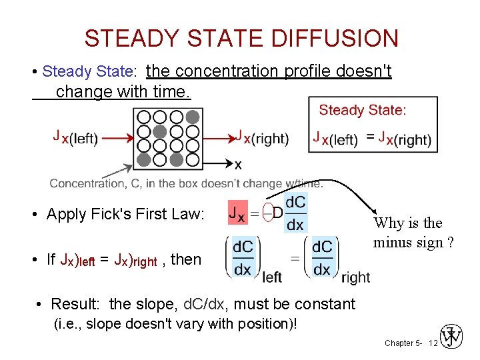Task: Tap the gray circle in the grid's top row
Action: pyautogui.click(x=192, y=117)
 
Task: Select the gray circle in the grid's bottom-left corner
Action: pyautogui.click(x=143, y=160)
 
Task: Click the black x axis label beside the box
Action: pyautogui.click(x=238, y=163)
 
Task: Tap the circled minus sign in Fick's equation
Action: pyautogui.click(x=266, y=213)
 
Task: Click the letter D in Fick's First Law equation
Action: pyautogui.click(x=278, y=213)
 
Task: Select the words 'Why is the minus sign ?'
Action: pyautogui.click(x=413, y=232)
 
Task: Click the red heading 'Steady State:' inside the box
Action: pyautogui.click(x=362, y=111)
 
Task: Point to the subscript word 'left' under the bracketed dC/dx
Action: pyautogui.click(x=272, y=277)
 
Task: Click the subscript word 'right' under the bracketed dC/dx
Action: pyautogui.click(x=355, y=277)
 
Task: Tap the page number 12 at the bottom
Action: pyautogui.click(x=433, y=343)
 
